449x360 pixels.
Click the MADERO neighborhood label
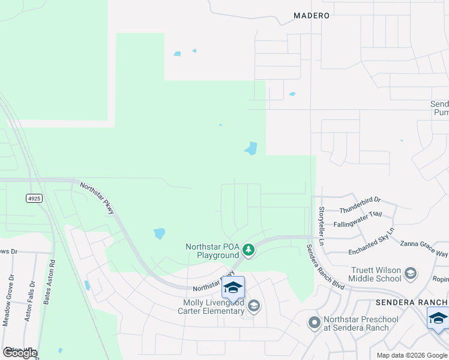311,16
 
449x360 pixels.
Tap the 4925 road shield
34,198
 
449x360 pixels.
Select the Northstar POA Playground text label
212,251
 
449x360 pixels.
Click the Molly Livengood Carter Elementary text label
214,307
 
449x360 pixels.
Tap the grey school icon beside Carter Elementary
254,307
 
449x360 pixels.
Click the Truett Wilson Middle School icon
411,274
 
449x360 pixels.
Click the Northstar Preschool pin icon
314,323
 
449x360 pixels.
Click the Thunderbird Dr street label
360,205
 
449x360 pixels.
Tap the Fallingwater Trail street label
358,218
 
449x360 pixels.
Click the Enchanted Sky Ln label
367,238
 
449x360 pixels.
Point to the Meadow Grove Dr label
8,301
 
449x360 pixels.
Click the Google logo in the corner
20,353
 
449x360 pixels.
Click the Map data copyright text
412,355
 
